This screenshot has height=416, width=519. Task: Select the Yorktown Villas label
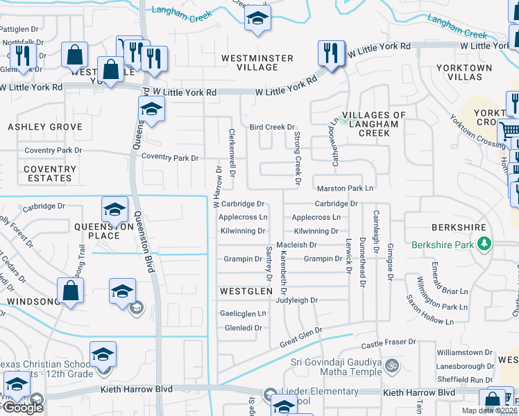pos(464,73)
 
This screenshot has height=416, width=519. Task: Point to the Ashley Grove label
pos(45,127)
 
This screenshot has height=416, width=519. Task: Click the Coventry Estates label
pos(49,173)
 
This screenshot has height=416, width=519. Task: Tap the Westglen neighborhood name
pos(246,291)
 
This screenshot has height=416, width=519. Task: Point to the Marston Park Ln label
pos(345,189)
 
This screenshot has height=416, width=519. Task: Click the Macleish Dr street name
pos(296,245)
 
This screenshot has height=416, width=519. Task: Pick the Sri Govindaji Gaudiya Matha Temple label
pos(337,367)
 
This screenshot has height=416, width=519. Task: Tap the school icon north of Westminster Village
pos(257,20)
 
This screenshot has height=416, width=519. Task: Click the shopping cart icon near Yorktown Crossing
pos(509,130)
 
